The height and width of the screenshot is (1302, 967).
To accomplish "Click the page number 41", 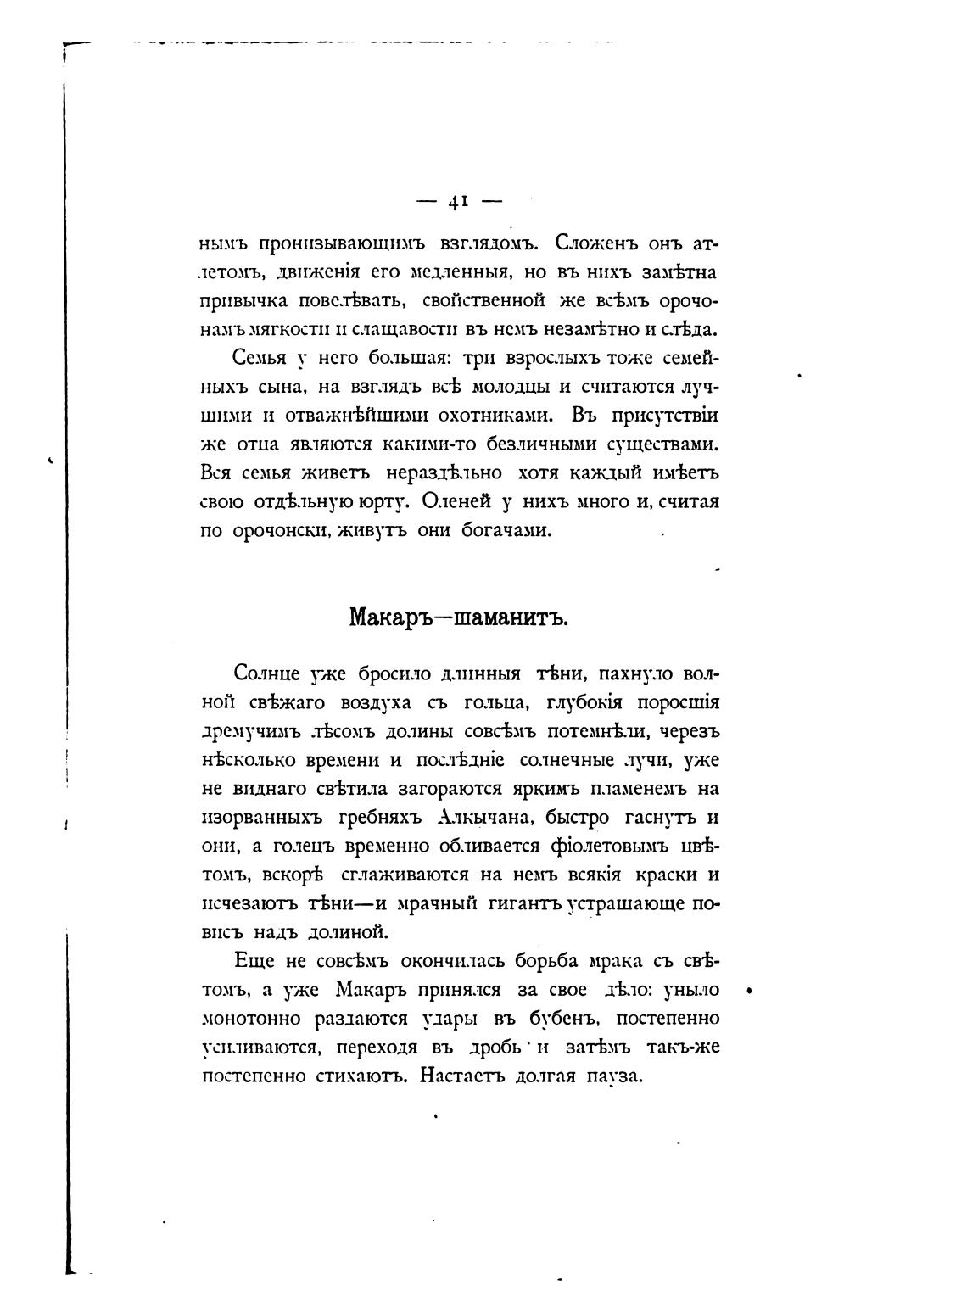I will (x=458, y=201).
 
